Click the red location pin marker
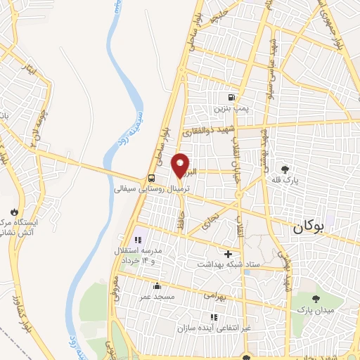[x=181, y=165]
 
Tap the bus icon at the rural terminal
[x=152, y=179]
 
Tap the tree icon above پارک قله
[x=285, y=169]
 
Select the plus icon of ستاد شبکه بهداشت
[x=228, y=254]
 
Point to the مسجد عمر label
[x=155, y=297]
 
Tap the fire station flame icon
[x=13, y=211]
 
